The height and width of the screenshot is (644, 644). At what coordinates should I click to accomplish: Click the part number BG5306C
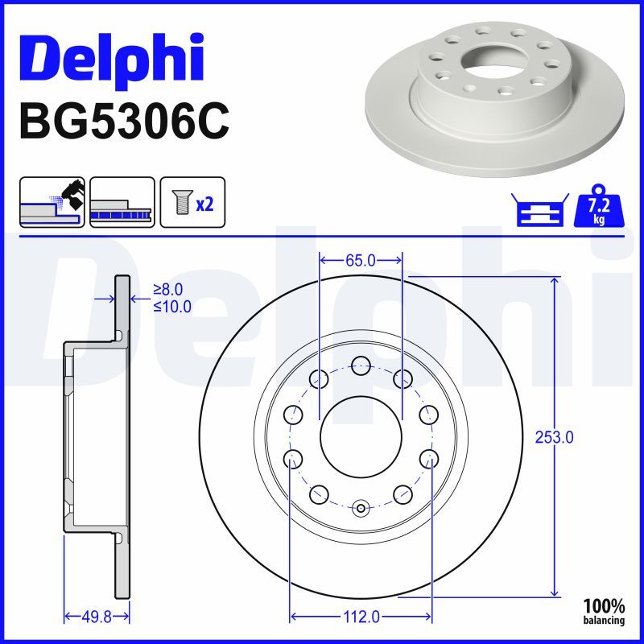coord(124,122)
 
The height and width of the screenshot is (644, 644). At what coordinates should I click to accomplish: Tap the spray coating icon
coord(52,202)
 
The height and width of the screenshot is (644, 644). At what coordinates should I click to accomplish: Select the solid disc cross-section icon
coord(122,202)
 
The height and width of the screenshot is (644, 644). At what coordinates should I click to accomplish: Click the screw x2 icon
coord(192,202)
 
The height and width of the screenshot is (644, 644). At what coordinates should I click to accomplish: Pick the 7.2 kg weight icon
coord(599,206)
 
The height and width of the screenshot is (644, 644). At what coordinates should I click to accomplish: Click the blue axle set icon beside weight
coord(540,209)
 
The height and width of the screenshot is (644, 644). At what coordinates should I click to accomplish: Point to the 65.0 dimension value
coord(361,260)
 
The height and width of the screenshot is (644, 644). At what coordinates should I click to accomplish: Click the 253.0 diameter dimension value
coord(554,437)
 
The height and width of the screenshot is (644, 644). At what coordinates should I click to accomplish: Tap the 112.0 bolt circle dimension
coord(361,617)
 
